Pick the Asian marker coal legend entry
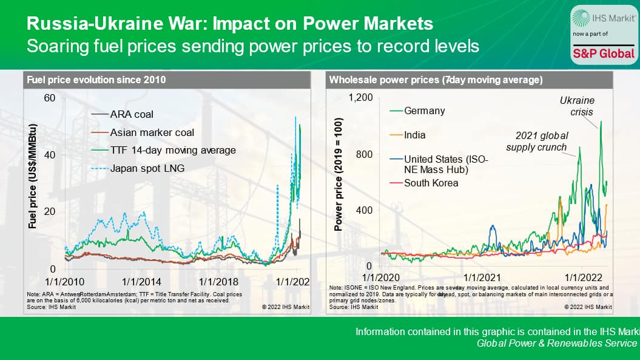(x=152, y=132)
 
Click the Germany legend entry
(x=424, y=110)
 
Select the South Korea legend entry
(x=431, y=182)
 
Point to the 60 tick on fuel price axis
(x=50, y=98)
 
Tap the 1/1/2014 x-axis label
(x=142, y=282)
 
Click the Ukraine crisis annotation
(x=576, y=106)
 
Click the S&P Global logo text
(x=604, y=53)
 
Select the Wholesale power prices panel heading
(x=436, y=80)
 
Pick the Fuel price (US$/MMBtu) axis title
(x=33, y=176)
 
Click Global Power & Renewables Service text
(x=557, y=344)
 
